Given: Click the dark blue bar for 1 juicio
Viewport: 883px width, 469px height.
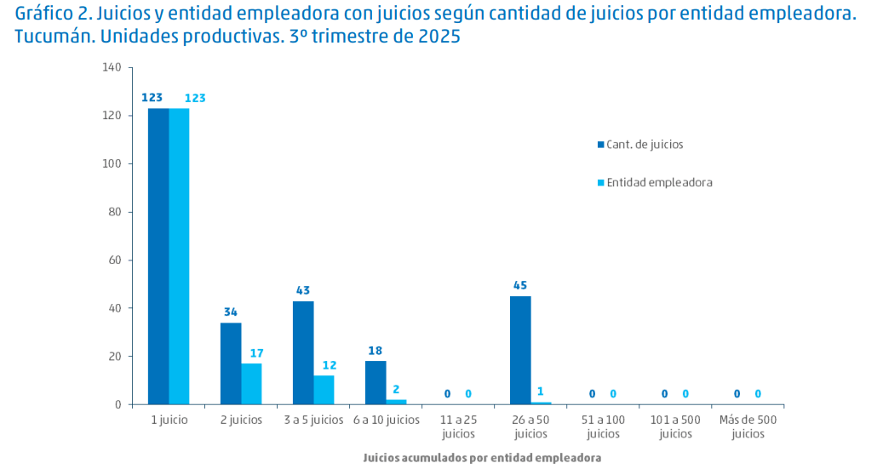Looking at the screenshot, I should click(158, 255).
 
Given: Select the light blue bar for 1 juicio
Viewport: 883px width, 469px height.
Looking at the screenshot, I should click(179, 255).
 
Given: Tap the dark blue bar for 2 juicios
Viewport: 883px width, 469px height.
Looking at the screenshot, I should click(231, 363).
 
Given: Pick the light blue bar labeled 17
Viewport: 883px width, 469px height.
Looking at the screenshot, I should click(251, 384).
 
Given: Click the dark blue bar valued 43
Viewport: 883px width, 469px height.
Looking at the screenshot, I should click(303, 352).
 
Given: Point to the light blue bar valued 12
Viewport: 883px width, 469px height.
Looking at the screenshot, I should click(324, 390).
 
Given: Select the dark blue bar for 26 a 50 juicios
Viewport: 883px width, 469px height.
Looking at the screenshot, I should click(520, 350).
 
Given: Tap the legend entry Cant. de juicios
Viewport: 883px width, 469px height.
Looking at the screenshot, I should click(645, 145).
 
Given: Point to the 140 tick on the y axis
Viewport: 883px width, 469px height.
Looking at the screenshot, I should click(112, 67).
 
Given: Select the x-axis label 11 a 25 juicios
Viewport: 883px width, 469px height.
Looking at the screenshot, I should click(458, 426).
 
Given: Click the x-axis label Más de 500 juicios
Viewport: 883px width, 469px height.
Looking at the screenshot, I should click(747, 426).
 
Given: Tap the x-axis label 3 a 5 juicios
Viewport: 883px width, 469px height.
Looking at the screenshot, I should click(313, 420).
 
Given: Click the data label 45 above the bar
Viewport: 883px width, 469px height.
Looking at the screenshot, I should click(520, 285).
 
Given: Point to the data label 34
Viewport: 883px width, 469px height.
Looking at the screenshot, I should click(231, 312).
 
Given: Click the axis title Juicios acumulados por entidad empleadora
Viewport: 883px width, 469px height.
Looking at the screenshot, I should click(482, 458).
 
